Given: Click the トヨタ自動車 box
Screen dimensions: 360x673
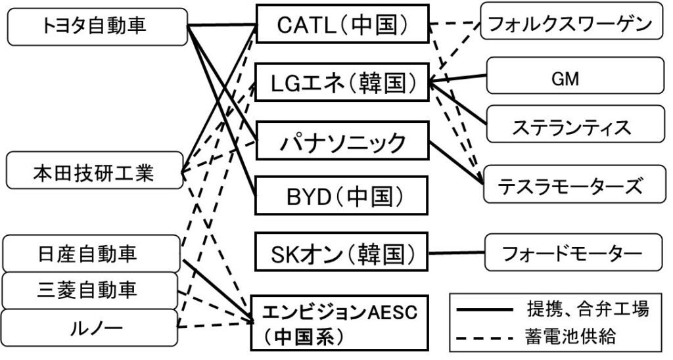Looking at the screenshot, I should pyautogui.click(x=95, y=26).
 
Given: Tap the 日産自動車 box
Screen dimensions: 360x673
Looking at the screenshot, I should pyautogui.click(x=92, y=254).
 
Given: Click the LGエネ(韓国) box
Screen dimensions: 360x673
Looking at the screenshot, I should pyautogui.click(x=342, y=83).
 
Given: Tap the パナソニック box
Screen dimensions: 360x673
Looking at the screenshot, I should pyautogui.click(x=342, y=140).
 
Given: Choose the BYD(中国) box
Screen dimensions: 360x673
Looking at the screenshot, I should pyautogui.click(x=342, y=195).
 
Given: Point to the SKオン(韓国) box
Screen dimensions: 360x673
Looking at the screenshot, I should pyautogui.click(x=342, y=252).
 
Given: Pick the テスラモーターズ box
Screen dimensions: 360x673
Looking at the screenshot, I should pyautogui.click(x=572, y=186).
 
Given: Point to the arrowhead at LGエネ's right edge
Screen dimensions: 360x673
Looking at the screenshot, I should pyautogui.click(x=432, y=83).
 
